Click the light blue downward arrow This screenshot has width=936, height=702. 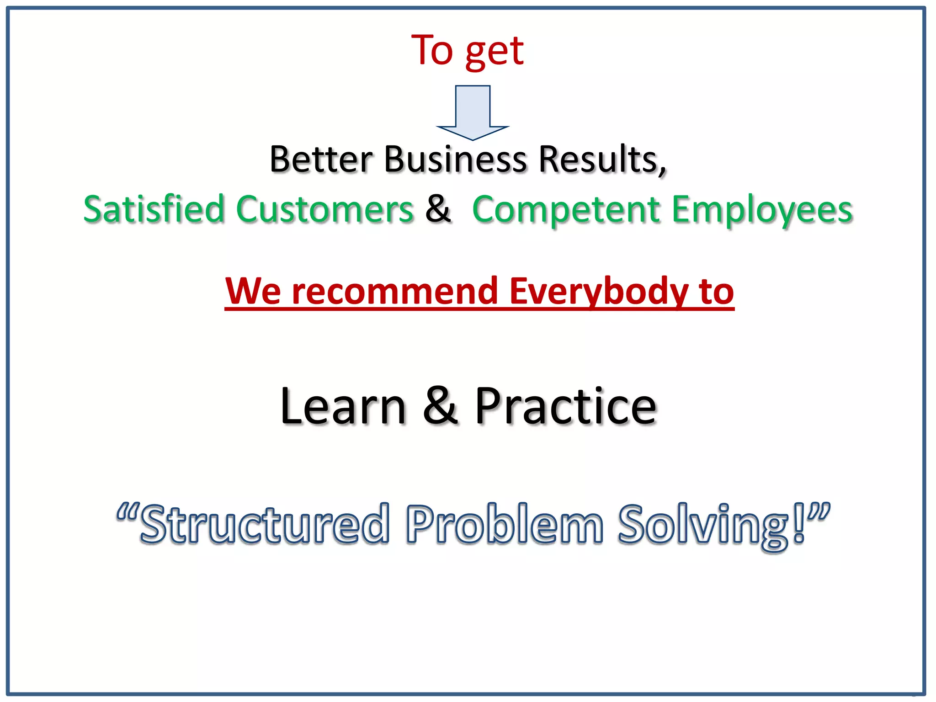[x=473, y=112]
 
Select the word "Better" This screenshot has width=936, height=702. [x=321, y=160]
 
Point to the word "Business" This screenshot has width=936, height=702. [x=456, y=160]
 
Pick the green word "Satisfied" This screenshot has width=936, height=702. [x=154, y=209]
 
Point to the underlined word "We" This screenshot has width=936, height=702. [x=253, y=291]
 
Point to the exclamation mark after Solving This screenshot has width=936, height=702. [x=799, y=524]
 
